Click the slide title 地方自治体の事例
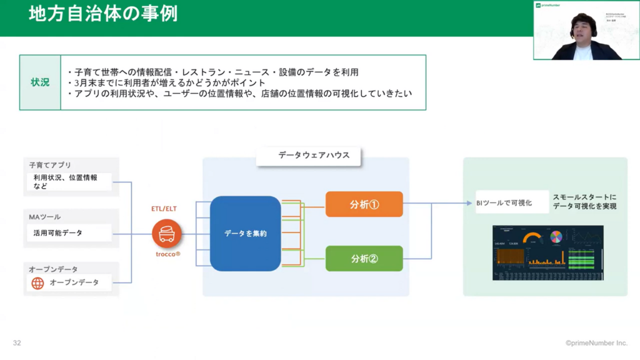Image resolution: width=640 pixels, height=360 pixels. pos(103,14)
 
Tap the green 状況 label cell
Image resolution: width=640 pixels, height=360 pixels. pos(40,82)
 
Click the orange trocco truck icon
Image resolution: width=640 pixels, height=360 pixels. pos(166,234)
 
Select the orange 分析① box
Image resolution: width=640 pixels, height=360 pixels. pos(364,204)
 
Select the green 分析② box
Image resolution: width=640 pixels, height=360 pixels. pos(364,258)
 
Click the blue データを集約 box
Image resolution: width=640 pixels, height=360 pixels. pos(245,233)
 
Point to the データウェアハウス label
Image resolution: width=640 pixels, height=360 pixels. pos(309,156)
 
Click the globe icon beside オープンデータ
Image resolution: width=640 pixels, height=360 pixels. pos(38,282)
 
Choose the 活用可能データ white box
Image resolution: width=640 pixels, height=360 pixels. pos(69,232)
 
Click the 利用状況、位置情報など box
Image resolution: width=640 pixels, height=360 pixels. pos(69,181)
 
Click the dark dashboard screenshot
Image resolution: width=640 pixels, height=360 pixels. pos(547,252)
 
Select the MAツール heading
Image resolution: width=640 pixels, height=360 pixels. pos(45,217)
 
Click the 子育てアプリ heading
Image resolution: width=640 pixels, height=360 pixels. pos(51,166)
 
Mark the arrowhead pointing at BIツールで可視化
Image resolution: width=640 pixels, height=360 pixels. pos(469,202)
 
